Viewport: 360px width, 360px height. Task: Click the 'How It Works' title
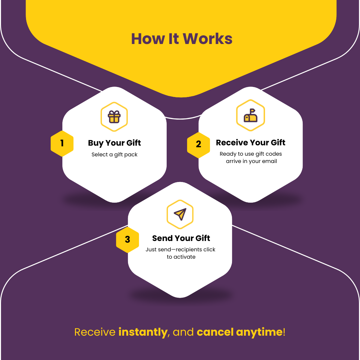pos(182,39)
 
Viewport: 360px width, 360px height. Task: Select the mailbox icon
pos(250,115)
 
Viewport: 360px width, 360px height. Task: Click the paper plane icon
pos(180,214)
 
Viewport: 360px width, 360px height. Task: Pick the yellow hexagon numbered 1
pos(62,143)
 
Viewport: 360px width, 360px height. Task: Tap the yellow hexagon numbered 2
pos(198,144)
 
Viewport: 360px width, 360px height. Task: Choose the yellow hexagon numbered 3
pos(127,239)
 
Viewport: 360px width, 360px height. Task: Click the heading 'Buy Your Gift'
pos(114,143)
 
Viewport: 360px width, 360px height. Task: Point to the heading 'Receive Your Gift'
pos(250,143)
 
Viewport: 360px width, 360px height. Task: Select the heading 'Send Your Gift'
pos(181,238)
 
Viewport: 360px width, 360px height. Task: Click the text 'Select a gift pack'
pos(114,155)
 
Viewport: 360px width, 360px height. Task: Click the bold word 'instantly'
pos(143,332)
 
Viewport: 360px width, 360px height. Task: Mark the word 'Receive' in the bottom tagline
pos(95,332)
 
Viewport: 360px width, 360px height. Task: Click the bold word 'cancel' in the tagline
pos(215,332)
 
